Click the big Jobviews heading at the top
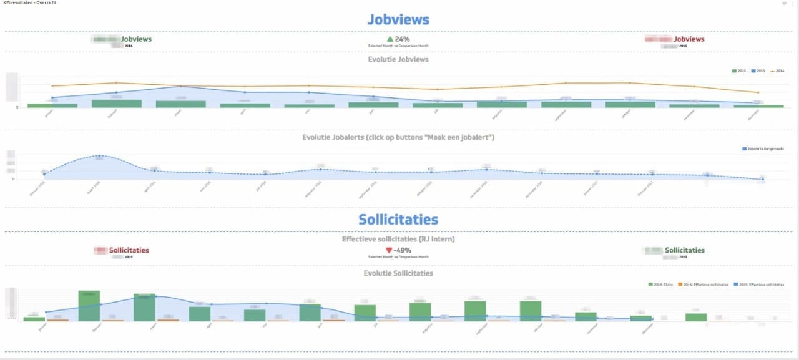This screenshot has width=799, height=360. (398, 19)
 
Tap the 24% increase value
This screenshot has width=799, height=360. (403, 39)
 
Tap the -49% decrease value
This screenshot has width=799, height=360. (403, 250)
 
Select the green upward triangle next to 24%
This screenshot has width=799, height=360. (390, 39)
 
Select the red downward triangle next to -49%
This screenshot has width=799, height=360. (389, 250)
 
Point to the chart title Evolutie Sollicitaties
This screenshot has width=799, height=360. (398, 273)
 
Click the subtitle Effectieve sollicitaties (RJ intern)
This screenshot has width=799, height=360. (398, 239)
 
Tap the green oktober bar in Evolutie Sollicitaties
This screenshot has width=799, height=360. (531, 311)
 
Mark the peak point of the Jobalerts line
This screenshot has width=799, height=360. (99, 155)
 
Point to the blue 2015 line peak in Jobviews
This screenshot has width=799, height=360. (180, 87)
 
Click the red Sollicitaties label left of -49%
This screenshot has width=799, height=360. (129, 250)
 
